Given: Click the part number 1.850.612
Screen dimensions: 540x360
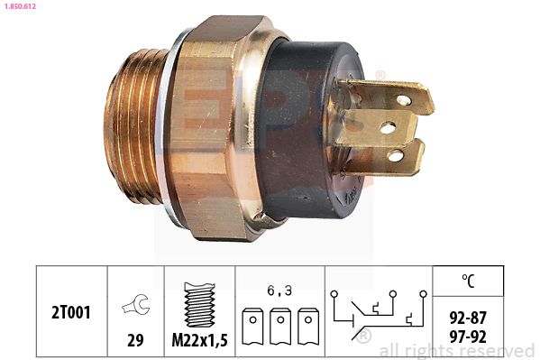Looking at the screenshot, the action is point(20,5).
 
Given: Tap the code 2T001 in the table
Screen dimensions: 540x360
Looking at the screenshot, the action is point(71,312).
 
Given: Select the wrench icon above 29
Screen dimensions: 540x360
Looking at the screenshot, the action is point(136,304).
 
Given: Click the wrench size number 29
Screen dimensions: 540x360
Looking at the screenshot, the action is point(135,340).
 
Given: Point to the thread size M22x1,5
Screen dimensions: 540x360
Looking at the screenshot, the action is point(200,340).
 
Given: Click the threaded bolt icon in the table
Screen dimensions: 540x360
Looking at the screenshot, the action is point(200,304).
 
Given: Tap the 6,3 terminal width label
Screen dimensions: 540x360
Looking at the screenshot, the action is point(279,291).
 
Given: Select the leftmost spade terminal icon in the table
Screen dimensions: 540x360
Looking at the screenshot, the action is point(252,327).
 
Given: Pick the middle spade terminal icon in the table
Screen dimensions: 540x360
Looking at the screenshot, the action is point(280,327).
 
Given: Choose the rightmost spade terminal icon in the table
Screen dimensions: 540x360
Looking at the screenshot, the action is point(308,327).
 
